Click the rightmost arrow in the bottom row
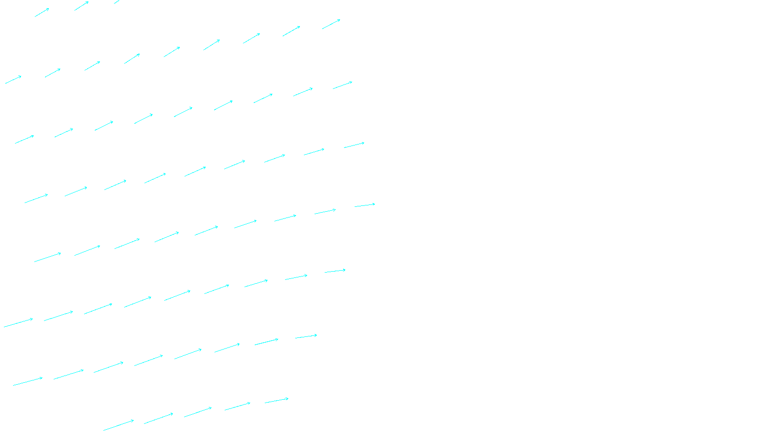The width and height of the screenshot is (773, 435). (276, 401)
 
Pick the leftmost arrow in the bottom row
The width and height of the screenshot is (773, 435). (118, 425)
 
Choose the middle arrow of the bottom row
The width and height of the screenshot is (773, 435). (198, 412)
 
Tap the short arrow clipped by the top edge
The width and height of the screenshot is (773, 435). (116, 2)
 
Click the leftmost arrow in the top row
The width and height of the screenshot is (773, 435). (42, 13)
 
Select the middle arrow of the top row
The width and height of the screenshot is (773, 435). (81, 6)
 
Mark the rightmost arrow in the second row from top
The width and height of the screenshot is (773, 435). (331, 24)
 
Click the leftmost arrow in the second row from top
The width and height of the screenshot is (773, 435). (13, 80)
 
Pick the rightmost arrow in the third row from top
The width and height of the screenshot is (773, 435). (343, 86)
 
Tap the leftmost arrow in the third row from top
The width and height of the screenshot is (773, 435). (24, 140)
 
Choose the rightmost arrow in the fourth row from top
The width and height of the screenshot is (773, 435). (354, 145)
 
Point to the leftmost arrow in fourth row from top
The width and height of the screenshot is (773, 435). (36, 199)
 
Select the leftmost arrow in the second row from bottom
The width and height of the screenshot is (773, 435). (28, 382)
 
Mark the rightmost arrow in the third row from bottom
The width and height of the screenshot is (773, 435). (335, 271)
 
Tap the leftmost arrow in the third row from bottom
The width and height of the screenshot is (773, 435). (18, 323)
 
